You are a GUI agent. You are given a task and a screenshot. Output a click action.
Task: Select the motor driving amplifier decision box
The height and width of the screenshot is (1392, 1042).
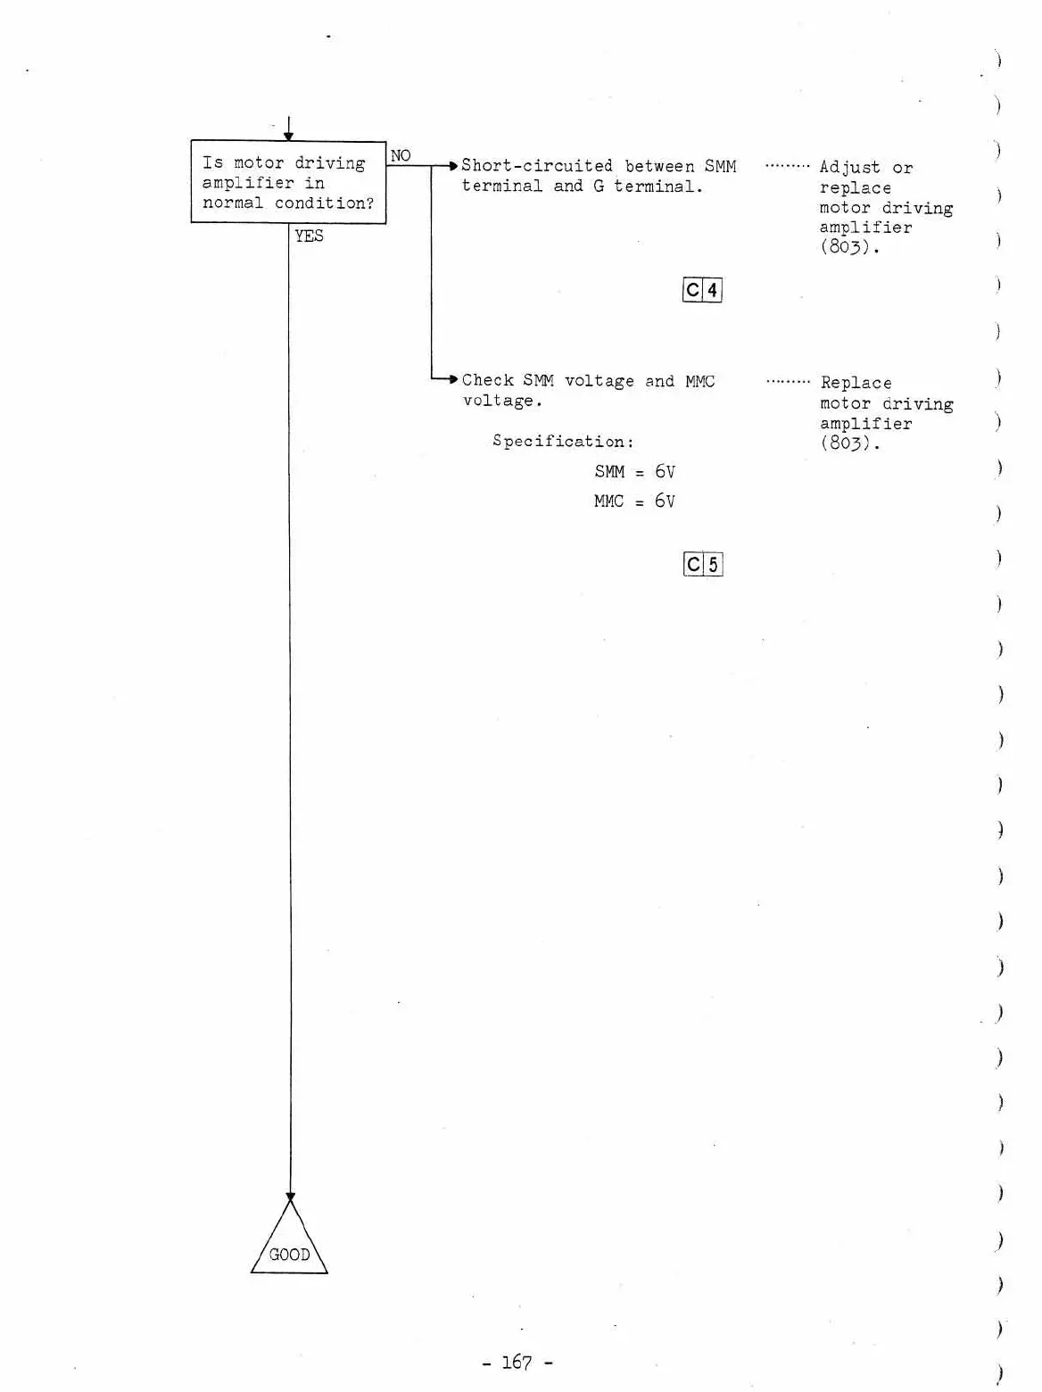(x=288, y=182)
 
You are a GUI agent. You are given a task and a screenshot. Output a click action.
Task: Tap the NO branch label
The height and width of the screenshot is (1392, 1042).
(x=401, y=155)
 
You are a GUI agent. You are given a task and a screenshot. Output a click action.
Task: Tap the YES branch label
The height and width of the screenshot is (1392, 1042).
(x=309, y=236)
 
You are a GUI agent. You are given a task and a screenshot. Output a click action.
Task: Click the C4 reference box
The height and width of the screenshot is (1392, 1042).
(x=702, y=290)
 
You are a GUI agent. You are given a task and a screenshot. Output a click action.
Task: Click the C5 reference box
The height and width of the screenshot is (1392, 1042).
(x=702, y=564)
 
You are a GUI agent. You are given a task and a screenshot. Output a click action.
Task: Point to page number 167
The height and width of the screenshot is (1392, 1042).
(x=517, y=1362)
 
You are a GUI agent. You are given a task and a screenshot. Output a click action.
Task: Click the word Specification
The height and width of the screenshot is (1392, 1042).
(x=561, y=441)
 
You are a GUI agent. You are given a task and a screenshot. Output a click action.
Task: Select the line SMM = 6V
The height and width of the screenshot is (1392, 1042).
(x=634, y=471)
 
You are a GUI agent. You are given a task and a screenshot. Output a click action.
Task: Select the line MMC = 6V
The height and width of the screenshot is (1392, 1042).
(x=634, y=501)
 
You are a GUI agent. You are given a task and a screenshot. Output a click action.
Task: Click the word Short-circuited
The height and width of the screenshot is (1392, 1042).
(x=536, y=166)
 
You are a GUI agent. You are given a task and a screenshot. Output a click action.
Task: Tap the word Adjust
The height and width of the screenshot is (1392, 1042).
(x=849, y=168)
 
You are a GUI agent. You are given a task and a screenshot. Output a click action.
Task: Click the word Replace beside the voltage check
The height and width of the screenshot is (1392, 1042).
(x=856, y=383)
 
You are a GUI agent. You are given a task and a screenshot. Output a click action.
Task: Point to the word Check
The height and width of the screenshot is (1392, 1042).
(x=487, y=381)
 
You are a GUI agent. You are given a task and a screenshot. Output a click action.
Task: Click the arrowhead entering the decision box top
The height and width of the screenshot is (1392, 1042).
(x=288, y=136)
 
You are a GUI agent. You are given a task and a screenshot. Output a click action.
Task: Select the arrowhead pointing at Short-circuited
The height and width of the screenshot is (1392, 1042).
(x=453, y=165)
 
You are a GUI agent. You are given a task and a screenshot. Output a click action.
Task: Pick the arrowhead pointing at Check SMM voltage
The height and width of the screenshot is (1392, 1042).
(x=453, y=379)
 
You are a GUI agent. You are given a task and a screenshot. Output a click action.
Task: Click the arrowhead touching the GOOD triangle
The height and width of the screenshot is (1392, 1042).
(x=290, y=1197)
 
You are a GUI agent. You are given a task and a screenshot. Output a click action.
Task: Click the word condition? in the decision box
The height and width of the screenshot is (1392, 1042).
(x=324, y=203)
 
